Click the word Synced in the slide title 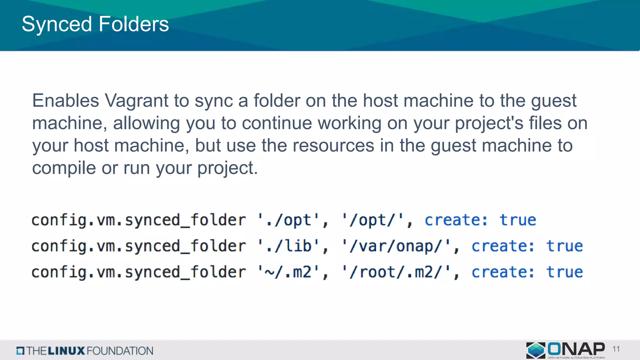click(57, 24)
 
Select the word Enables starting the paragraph click(66, 101)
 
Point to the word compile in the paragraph click(64, 168)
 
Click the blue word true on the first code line click(518, 220)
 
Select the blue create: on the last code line click(503, 272)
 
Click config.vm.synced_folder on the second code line click(138, 246)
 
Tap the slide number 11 click(616, 349)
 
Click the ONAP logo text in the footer click(576, 349)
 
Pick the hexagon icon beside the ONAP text click(536, 350)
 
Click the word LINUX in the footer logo click(66, 351)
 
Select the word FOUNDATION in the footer click(120, 351)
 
